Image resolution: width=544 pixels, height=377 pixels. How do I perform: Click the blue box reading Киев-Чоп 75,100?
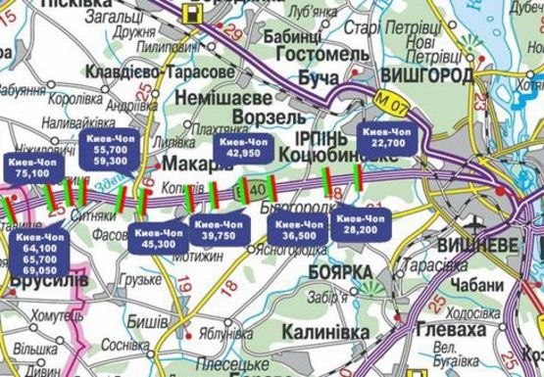(x=32, y=166)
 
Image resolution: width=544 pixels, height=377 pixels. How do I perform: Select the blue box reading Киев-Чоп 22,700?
(x=389, y=138)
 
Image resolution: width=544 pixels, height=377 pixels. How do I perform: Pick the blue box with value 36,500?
(x=299, y=229)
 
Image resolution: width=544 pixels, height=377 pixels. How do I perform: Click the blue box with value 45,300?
(x=160, y=239)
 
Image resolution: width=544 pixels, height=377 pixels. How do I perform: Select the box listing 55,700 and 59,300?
(x=106, y=151)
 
